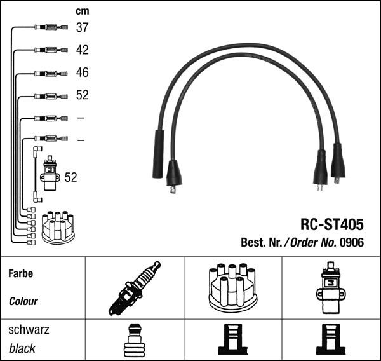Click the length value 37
82,27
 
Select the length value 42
82,50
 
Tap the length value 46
82,72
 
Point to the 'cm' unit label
82,11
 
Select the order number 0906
351,242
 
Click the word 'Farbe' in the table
21,274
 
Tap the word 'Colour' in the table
23,301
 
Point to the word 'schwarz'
28,330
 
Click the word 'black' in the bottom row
22,348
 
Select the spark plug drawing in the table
134,288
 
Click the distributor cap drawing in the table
232,288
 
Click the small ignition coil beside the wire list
49,174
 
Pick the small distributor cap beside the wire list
58,227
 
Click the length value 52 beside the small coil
70,177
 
